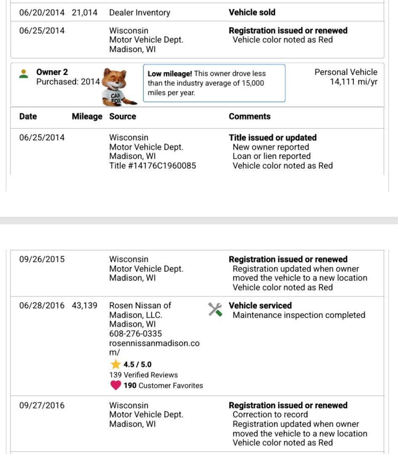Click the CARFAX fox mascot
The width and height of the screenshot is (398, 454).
coord(119,87)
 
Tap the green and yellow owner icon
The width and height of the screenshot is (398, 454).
coord(24,74)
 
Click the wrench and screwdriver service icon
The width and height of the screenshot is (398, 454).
coord(215,310)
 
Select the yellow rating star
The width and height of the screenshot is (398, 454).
coord(116,364)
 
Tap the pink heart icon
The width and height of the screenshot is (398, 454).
coord(116,385)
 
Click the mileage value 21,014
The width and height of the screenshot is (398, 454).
coord(85,13)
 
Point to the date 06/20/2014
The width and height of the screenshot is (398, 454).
coord(42,13)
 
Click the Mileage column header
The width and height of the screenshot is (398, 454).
coord(87,116)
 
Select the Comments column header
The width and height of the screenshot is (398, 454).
coord(249,116)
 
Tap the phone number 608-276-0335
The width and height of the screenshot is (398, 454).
coord(135,334)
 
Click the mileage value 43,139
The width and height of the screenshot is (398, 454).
coord(85,306)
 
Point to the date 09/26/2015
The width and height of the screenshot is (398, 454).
coord(42,259)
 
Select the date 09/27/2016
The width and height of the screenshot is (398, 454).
coord(42,406)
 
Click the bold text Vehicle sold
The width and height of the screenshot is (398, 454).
coord(252,13)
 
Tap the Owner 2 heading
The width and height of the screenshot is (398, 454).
coord(52,72)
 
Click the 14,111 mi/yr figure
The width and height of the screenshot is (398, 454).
coord(353,82)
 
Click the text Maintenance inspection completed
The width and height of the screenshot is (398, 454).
coord(299,315)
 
